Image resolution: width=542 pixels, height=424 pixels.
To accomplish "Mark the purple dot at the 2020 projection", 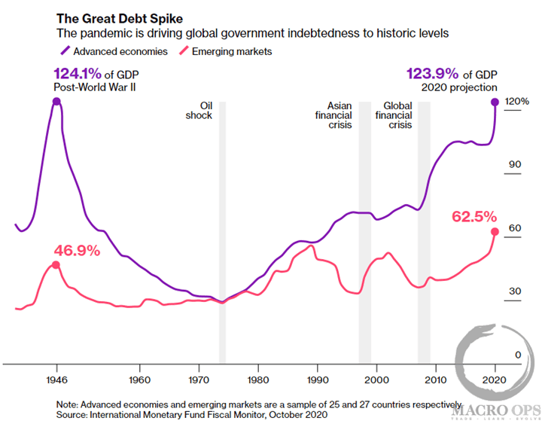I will [495, 101].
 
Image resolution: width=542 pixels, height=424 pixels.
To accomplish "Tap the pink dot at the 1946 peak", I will [56, 265].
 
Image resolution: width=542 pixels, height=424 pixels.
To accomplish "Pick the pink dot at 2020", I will [495, 232].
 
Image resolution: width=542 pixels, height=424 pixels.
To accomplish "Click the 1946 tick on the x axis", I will [56, 379].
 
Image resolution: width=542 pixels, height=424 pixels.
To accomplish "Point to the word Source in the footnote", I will [74, 414].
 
